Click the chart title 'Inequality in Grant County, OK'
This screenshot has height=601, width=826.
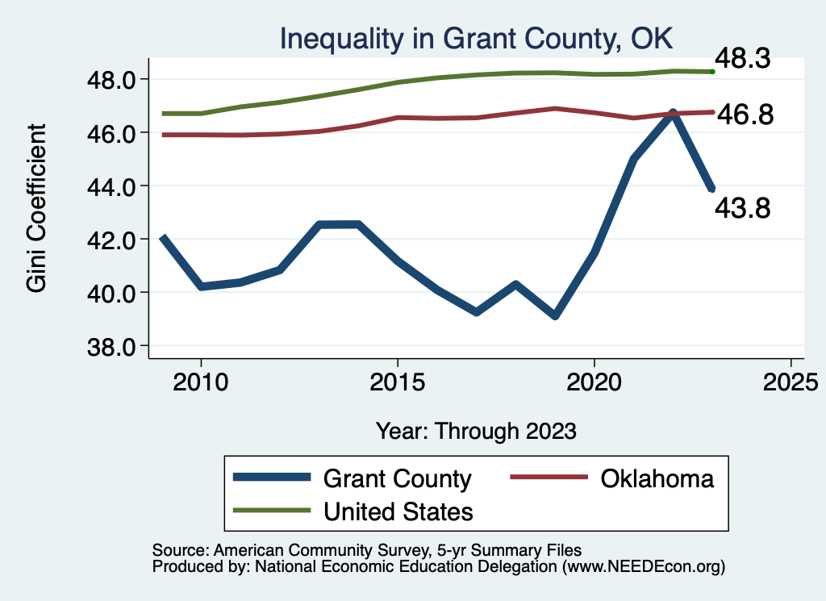click(476, 38)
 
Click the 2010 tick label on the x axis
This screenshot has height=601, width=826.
click(201, 382)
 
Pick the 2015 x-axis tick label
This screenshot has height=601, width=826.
click(397, 382)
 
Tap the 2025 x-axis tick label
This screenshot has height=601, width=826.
click(791, 382)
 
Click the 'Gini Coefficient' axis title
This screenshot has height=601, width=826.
click(37, 209)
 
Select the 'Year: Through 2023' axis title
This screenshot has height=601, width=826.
click(476, 431)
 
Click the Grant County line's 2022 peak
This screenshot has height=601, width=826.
click(672, 113)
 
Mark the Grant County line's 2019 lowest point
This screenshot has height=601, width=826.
click(554, 315)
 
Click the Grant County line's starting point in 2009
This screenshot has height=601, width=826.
click(162, 238)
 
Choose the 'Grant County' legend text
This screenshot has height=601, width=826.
click(397, 478)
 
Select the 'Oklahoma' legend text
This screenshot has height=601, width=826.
click(657, 478)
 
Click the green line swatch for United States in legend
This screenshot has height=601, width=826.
click(271, 511)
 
